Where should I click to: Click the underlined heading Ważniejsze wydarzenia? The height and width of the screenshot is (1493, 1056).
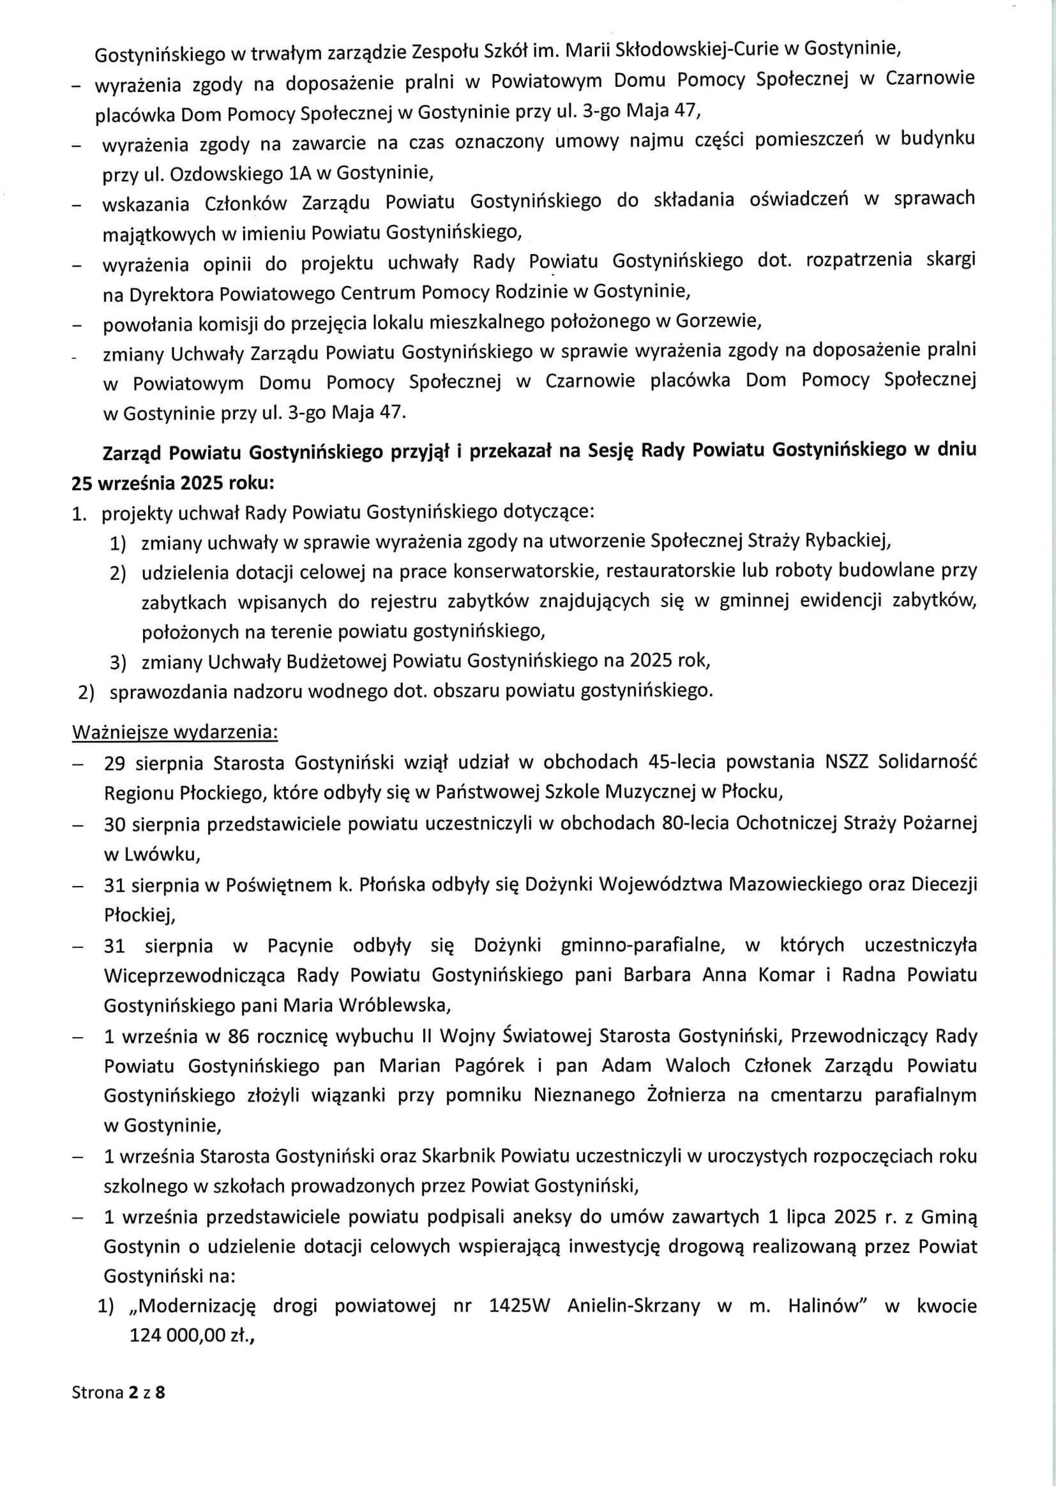click(175, 732)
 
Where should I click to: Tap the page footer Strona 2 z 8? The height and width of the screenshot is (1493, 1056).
click(118, 1392)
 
